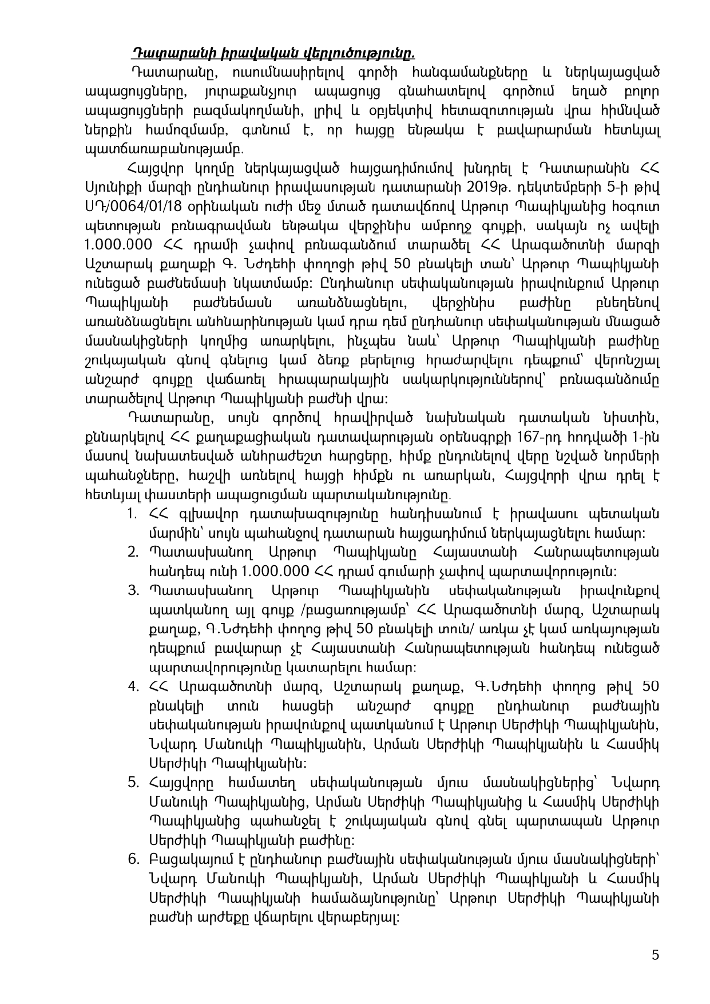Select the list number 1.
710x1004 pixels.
coord(132,513)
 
